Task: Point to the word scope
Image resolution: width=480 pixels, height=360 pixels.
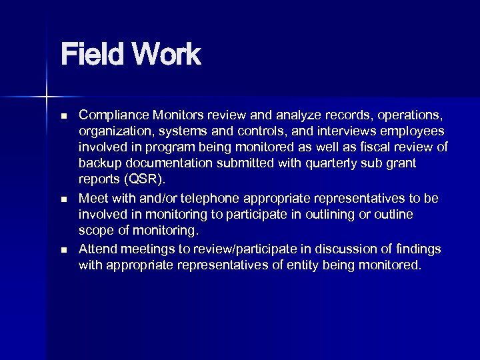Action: coord(95,231)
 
